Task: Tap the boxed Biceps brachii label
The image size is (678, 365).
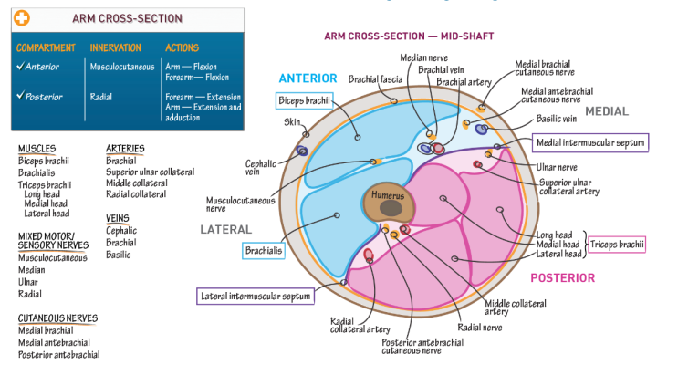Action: click(306, 100)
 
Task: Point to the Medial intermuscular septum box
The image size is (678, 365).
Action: click(590, 141)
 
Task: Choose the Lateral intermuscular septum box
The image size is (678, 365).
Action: click(257, 296)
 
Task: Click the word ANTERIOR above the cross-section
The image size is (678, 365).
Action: click(308, 78)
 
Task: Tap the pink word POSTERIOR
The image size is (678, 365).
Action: click(562, 277)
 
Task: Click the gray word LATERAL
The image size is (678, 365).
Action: click(225, 229)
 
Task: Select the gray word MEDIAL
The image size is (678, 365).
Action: click(607, 111)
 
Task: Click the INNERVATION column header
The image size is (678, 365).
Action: click(116, 47)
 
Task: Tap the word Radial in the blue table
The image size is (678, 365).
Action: click(100, 94)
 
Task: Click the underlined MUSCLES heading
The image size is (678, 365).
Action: click(37, 148)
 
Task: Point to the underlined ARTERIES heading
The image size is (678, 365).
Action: click(125, 148)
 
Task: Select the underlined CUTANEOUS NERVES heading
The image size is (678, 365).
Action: click(57, 318)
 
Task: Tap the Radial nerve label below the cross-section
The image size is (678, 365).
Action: click(480, 326)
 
